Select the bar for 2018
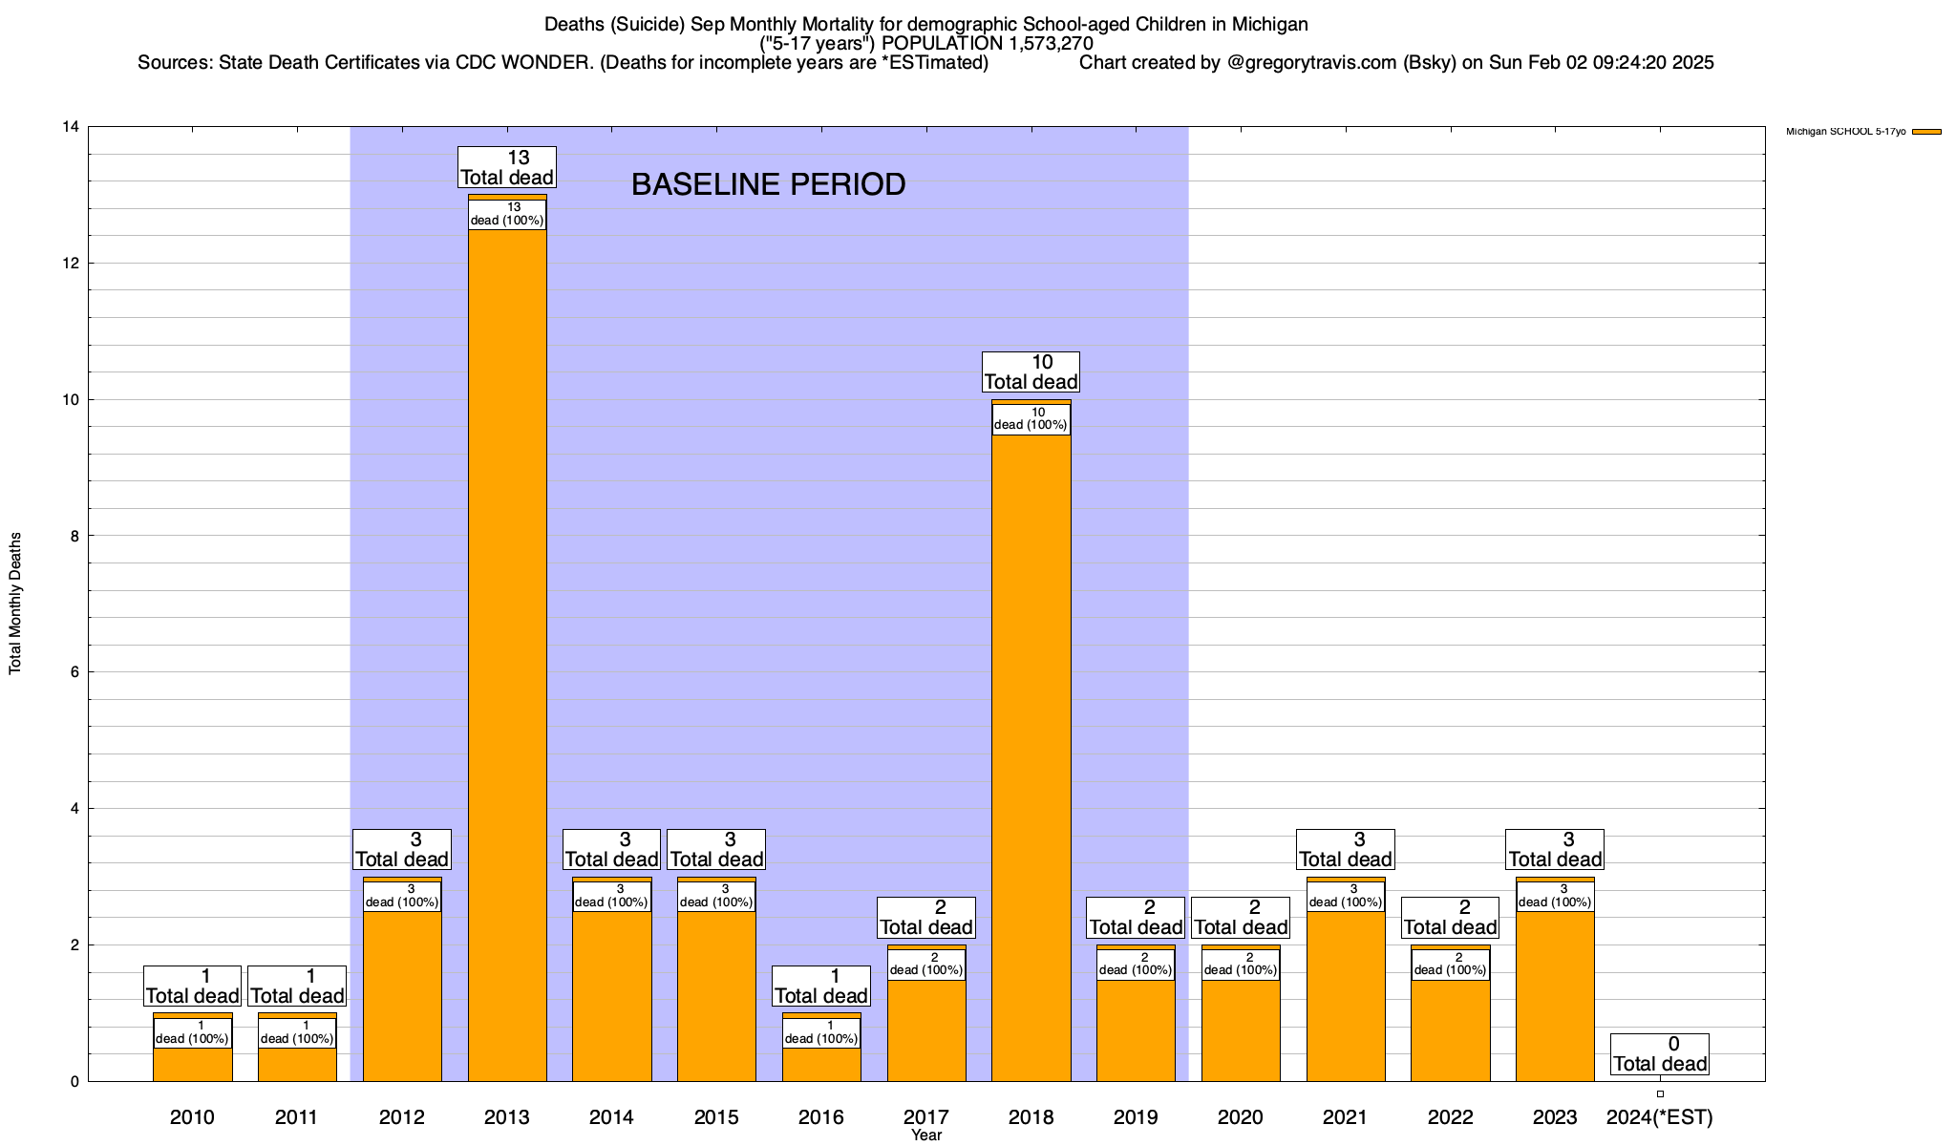1031,764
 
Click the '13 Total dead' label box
507,167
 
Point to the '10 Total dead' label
1031,372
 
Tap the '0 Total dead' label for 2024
1660,1054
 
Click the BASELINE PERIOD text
768,184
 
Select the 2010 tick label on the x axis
192,1117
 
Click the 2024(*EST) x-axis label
1660,1117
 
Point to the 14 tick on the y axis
70,127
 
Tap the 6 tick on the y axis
74,672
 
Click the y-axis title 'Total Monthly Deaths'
15,604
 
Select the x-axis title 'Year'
926,1135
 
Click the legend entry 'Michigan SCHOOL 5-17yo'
1845,132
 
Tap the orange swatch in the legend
1926,132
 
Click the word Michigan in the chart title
1251,24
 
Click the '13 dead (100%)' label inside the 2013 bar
507,214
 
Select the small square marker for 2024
1660,1093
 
